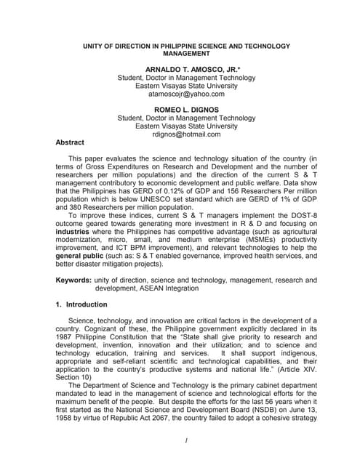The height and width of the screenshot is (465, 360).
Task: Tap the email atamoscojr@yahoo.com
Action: [186, 94]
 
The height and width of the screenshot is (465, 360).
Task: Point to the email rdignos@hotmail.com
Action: [186, 134]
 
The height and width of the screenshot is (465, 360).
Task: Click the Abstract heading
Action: [70, 142]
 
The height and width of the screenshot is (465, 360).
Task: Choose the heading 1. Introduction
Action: [81, 305]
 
